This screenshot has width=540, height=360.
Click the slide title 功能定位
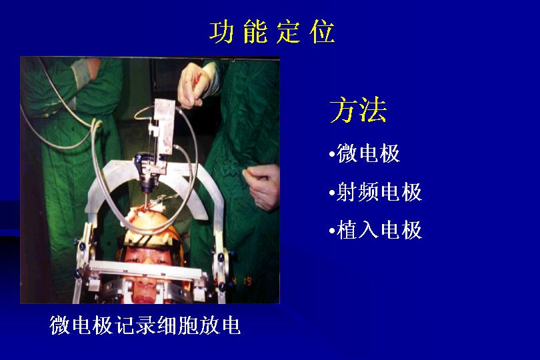pos(272,32)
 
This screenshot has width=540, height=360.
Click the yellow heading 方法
pos(358,109)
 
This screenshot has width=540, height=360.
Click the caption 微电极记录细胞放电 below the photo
pos(145,325)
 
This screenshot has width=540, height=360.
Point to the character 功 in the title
pos(221,32)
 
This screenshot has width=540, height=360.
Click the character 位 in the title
pos(323,32)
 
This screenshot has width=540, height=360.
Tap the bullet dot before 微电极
pos(331,153)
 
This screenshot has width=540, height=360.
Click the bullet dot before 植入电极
pos(331,231)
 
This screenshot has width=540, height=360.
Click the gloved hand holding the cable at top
pos(195,85)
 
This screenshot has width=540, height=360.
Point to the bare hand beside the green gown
pos(262,185)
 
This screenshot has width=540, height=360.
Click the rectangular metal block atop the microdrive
pos(164,126)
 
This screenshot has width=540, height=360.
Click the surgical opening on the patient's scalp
pos(145,212)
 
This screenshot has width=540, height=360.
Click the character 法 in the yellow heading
pos(373,109)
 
